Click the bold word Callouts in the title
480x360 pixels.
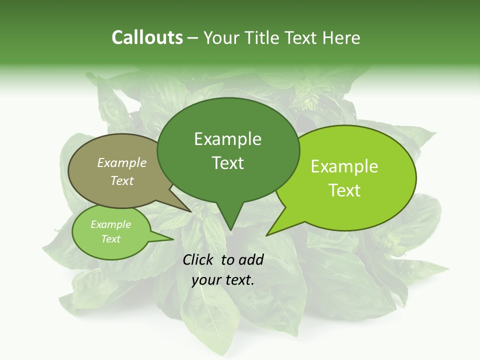point(147,37)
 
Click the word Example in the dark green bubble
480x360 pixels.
point(227,139)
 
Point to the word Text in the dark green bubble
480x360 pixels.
point(227,163)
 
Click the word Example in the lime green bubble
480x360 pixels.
point(344,166)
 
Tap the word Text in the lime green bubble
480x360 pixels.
point(344,190)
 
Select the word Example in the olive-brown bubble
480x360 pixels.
point(122,162)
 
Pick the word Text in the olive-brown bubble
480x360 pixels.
point(122,180)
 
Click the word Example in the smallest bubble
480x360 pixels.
point(110,224)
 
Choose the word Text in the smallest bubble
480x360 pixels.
point(110,239)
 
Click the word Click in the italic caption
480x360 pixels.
point(198,259)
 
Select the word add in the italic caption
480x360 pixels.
point(251,259)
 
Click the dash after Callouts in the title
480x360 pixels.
point(193,37)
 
